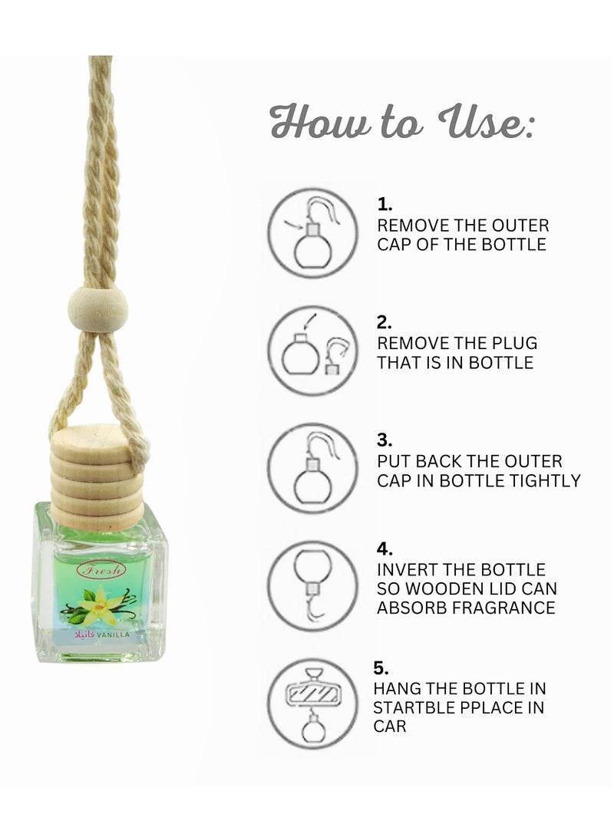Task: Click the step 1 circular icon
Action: click(x=313, y=232)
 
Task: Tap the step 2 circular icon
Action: click(x=313, y=351)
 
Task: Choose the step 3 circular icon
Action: click(x=313, y=468)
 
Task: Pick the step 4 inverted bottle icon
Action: click(x=313, y=585)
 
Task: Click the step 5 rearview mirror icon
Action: click(x=313, y=704)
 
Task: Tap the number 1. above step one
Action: click(x=385, y=205)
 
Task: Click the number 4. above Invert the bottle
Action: click(x=385, y=549)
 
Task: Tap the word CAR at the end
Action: click(x=391, y=725)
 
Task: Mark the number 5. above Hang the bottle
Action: click(x=385, y=668)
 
